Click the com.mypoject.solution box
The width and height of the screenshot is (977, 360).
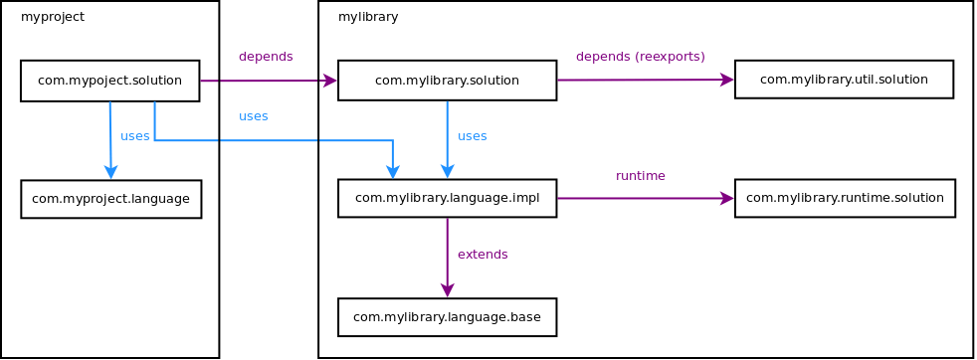point(109,81)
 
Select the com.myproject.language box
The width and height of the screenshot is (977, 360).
point(110,199)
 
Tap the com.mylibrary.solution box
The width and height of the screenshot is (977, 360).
point(447,81)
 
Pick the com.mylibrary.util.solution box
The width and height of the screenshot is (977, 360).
point(844,80)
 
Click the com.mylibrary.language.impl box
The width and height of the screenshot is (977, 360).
point(447,198)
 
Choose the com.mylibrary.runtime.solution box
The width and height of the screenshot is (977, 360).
point(845,198)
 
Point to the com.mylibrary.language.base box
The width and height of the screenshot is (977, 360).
point(447,317)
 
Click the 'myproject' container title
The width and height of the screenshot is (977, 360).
point(53,17)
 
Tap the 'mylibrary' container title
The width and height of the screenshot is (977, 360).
point(368,17)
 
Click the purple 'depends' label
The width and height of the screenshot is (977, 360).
point(266,56)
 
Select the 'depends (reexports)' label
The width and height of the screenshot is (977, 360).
point(641,56)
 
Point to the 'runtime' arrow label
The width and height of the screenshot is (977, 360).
point(641,175)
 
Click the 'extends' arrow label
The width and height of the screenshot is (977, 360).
point(483,255)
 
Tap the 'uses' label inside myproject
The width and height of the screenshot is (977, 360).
point(134,136)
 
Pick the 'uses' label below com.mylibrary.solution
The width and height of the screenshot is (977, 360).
point(472,136)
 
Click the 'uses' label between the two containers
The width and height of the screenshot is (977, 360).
point(254,116)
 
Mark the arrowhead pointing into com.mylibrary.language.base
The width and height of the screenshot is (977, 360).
point(448,290)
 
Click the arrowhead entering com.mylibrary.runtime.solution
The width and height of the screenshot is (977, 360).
point(727,198)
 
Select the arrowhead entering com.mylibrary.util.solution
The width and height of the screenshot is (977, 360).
point(727,80)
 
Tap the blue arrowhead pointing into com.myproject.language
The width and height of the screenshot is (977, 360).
point(110,172)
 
